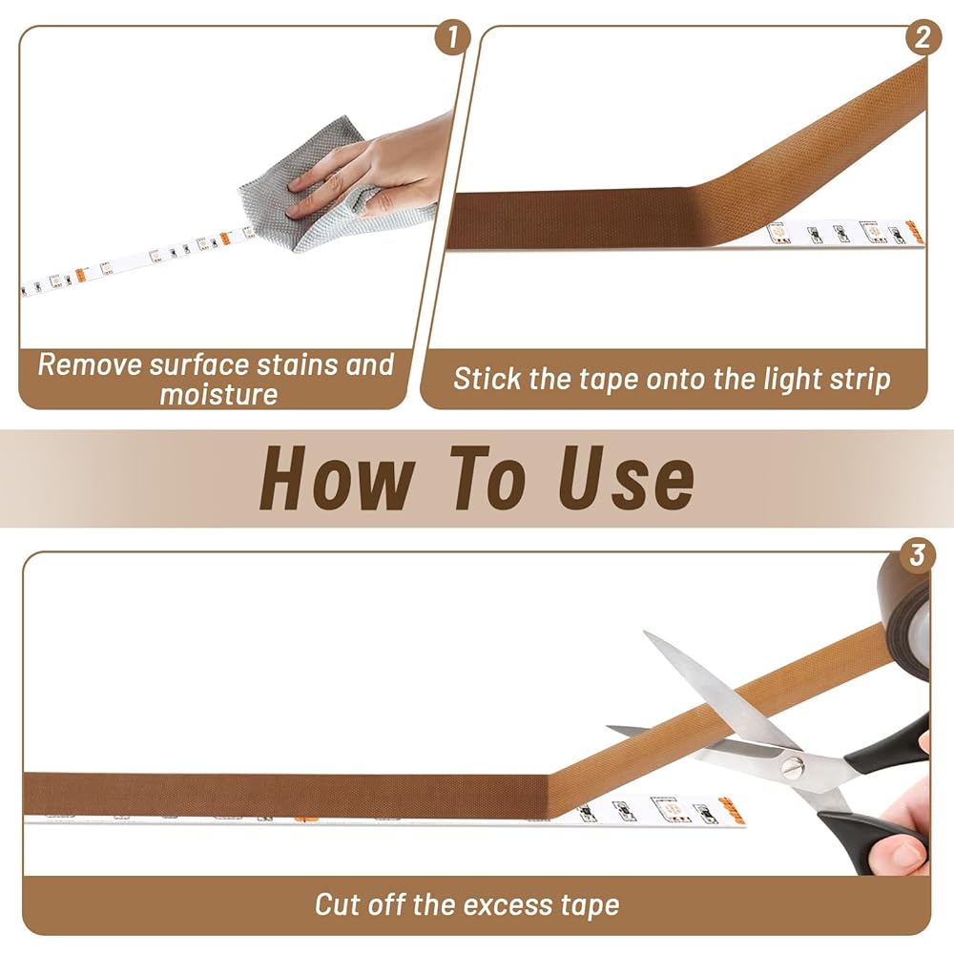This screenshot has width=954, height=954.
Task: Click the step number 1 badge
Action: (452, 37)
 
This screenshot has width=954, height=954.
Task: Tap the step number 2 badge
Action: (923, 37)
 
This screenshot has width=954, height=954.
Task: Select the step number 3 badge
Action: (918, 555)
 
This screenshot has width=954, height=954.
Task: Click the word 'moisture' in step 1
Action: (219, 394)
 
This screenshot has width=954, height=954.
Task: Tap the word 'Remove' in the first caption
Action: (90, 365)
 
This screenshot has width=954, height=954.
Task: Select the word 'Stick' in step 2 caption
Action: (487, 379)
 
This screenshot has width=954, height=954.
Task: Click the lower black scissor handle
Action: (870, 840)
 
